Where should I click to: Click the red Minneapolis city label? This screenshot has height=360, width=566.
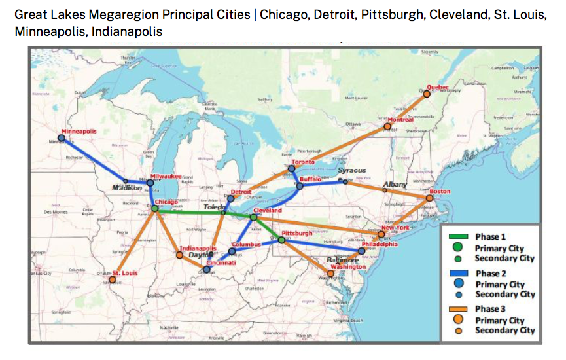pyautogui.click(x=79, y=131)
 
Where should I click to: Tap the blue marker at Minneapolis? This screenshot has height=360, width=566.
pyautogui.click(x=62, y=138)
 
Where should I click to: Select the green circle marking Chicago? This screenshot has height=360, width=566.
pyautogui.click(x=155, y=209)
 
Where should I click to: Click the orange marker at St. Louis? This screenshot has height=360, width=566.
pyautogui.click(x=113, y=279)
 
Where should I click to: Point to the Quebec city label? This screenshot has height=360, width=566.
pyautogui.click(x=437, y=87)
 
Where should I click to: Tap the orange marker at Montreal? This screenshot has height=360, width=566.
pyautogui.click(x=387, y=126)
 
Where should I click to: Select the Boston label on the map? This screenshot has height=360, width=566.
pyautogui.click(x=440, y=191)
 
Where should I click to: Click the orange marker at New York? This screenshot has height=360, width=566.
pyautogui.click(x=381, y=234)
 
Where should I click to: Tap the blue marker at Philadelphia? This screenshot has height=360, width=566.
pyautogui.click(x=362, y=251)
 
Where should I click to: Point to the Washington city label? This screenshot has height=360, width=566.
pyautogui.click(x=348, y=267)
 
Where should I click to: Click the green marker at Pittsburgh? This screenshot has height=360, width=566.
pyautogui.click(x=281, y=240)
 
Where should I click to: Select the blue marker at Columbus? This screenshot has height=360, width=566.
pyautogui.click(x=232, y=251)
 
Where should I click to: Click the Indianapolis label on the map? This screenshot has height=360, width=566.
pyautogui.click(x=198, y=248)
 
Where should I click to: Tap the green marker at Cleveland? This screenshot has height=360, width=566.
pyautogui.click(x=254, y=217)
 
